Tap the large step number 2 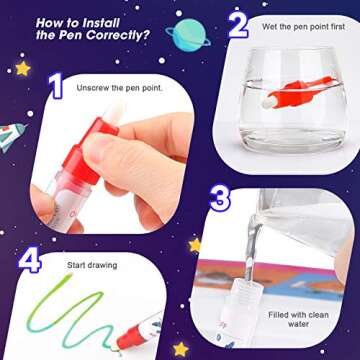pyautogui.click(x=237, y=21)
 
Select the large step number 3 pyautogui.click(x=222, y=199)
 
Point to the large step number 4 pyautogui.click(x=30, y=261)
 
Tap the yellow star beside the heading pyautogui.click(x=22, y=68)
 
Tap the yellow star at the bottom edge pyautogui.click(x=181, y=350)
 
